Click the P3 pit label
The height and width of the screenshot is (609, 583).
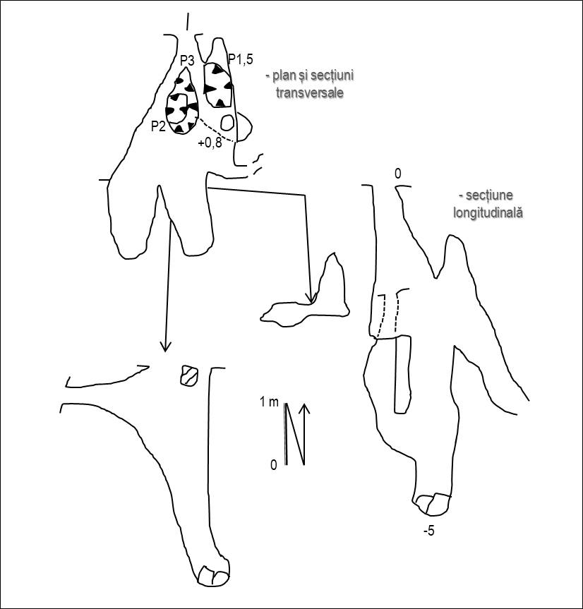[x=187, y=60]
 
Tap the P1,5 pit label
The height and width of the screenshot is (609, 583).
[x=241, y=59]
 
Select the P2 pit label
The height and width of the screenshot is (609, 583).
[x=159, y=126]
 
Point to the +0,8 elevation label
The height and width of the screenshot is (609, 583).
[x=210, y=143]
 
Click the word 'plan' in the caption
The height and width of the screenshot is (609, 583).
[x=284, y=76]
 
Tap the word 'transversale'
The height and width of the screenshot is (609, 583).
[x=310, y=93]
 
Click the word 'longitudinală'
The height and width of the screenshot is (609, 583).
[x=488, y=213]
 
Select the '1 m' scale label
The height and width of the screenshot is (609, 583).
[x=269, y=402]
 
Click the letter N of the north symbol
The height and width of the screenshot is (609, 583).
[x=294, y=434]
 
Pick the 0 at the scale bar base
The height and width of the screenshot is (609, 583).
[x=274, y=465]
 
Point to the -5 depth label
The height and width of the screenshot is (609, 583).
[x=429, y=531]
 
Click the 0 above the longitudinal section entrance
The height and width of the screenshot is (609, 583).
[x=398, y=174]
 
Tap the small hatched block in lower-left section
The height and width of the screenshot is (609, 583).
[x=189, y=375]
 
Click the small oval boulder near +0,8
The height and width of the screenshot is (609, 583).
[x=227, y=123]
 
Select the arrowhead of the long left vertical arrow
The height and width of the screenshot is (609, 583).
[x=165, y=346]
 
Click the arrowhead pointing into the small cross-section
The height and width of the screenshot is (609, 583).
[x=310, y=298]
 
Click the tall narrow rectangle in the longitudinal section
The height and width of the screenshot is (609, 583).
[x=402, y=375]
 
